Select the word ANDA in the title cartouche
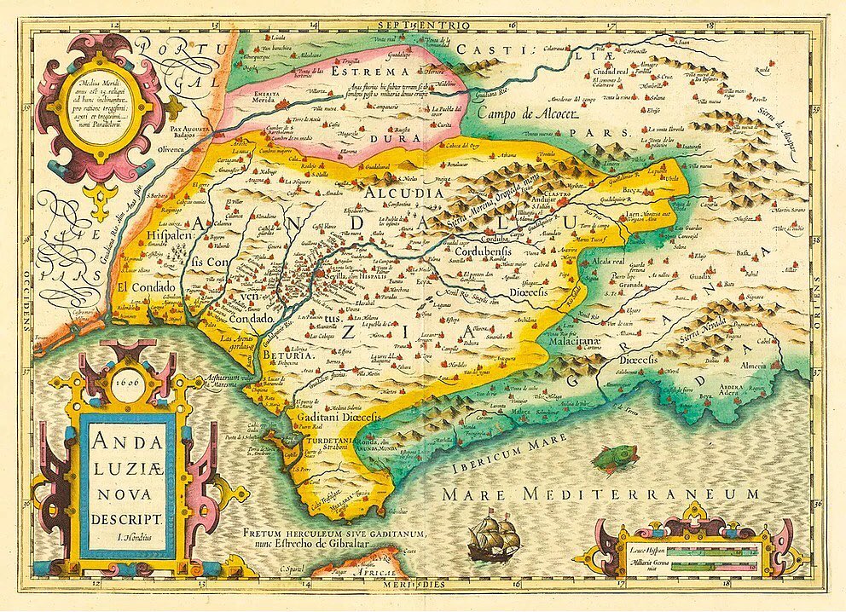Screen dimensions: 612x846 [x=127, y=442]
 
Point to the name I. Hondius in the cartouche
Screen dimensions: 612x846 [x=128, y=537]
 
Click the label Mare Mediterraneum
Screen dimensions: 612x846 [x=600, y=494]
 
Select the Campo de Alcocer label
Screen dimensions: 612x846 [x=529, y=113]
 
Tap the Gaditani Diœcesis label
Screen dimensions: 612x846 [x=332, y=419]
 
